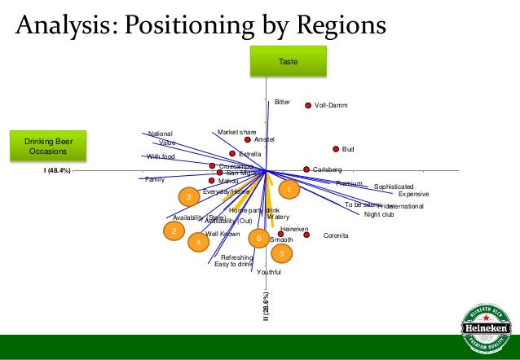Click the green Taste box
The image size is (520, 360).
pos(289,62)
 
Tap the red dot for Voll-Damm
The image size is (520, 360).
pos(308,105)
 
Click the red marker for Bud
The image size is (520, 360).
pos(336,149)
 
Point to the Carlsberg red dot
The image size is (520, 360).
pos(306,169)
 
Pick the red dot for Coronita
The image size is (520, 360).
pos(307,235)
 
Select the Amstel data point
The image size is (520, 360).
pos(248,139)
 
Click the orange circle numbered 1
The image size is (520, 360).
pos(288,189)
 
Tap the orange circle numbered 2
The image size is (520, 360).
pos(173,231)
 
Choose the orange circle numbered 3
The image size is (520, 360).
pos(188,197)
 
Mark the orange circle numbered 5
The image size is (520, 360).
pos(281,253)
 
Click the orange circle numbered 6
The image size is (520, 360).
pos(258,239)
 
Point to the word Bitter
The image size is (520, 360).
pos(282,103)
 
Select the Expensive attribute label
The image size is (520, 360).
pos(413,194)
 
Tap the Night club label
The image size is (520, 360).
pos(379,214)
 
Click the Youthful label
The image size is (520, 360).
pos(269,272)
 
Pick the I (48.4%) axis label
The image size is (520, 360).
pos(57,171)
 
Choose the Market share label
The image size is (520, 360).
pos(236,132)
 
